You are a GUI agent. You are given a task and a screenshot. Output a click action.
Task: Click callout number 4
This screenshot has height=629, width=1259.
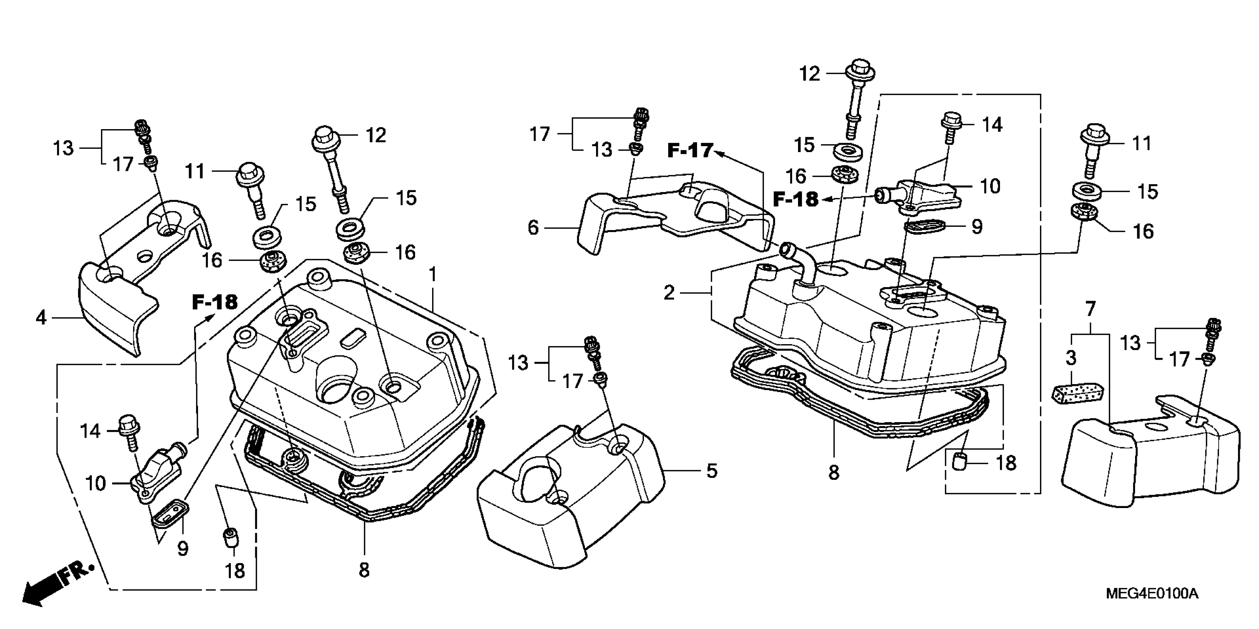coord(41,318)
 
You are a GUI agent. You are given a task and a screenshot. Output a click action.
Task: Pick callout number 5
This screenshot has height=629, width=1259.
coord(711,471)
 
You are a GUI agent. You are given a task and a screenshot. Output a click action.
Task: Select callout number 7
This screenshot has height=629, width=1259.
coord(1090,309)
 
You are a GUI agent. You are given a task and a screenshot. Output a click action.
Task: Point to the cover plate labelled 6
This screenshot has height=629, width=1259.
coord(674,215)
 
